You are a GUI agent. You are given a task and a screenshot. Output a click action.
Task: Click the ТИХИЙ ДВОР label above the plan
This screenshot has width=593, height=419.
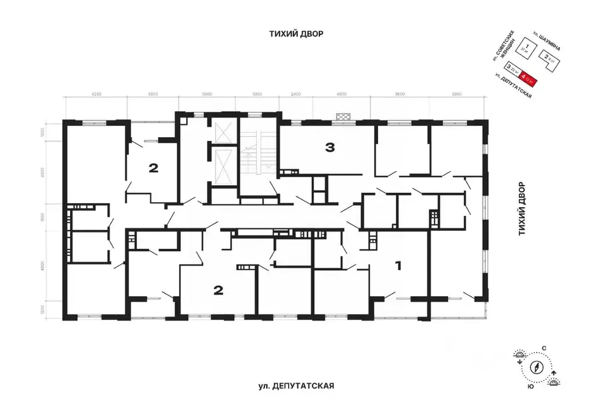[296, 34]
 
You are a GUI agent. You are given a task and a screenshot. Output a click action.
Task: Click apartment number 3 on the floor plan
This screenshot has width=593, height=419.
[330, 148]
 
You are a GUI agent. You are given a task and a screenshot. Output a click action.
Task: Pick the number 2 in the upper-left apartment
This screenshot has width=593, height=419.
[153, 168]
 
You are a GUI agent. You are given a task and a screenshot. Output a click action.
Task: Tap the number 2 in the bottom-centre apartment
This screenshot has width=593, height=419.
[218, 290]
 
